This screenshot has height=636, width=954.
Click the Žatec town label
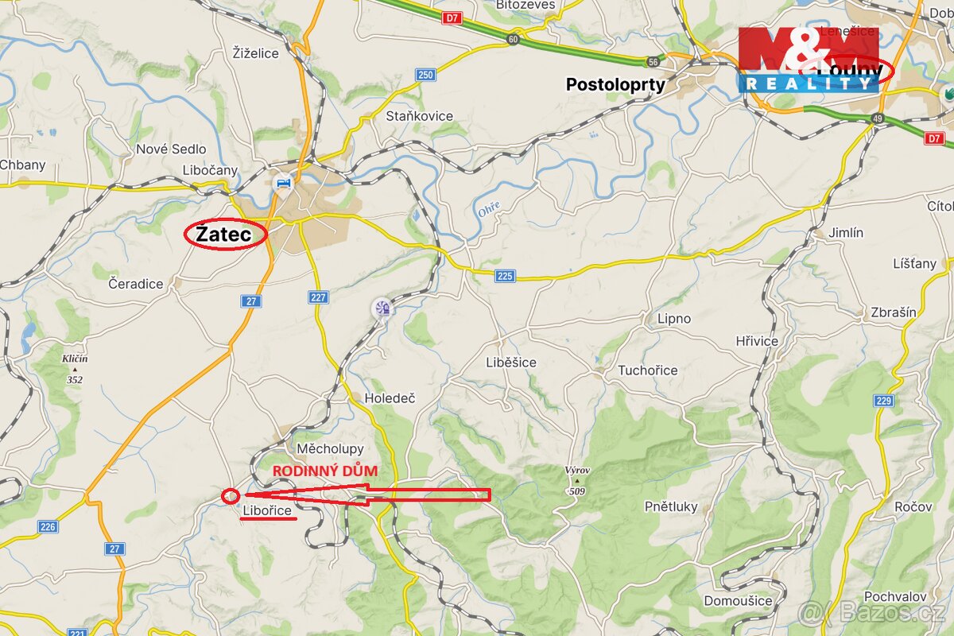click(224, 235)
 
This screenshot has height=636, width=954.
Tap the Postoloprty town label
click(615, 84)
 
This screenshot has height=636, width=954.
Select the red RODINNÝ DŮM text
click(324, 471)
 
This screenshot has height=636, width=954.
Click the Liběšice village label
click(511, 363)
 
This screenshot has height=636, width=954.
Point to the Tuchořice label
click(648, 370)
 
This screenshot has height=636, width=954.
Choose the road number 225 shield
click(505, 276)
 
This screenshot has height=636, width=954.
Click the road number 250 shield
click(425, 75)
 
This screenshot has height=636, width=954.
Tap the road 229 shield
click(884, 401)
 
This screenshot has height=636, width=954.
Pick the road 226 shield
click(48, 526)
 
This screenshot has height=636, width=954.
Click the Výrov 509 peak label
click(577, 480)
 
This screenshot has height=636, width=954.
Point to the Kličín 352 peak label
click(75, 368)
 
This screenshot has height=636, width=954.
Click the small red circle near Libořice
click(231, 495)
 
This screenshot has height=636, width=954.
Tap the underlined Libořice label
click(267, 510)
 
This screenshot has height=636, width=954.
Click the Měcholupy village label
click(330, 449)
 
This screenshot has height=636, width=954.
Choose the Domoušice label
click(738, 600)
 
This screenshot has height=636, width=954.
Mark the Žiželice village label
click(256, 53)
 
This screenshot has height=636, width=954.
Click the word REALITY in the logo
click(809, 83)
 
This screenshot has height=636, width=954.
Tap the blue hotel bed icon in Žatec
click(281, 182)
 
